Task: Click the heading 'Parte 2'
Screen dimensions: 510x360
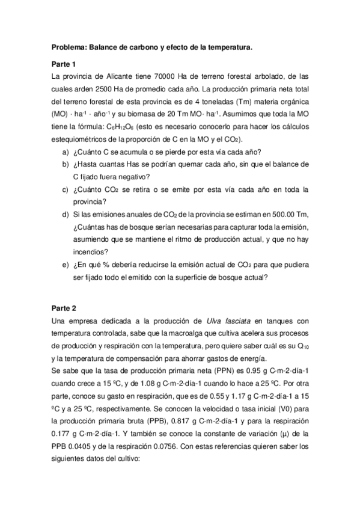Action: (x=64, y=306)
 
